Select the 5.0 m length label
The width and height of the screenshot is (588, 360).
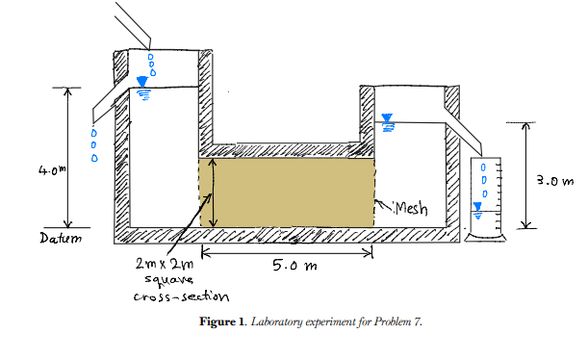[x=286, y=266]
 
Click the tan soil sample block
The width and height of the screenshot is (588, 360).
[x=289, y=193]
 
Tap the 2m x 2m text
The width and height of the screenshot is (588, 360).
[x=166, y=263]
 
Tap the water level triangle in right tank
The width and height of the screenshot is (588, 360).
[x=388, y=120]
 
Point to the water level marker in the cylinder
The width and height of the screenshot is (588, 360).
[x=476, y=208]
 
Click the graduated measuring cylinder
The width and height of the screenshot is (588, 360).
[x=476, y=197]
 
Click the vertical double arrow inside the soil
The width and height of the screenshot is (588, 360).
[x=213, y=193]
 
